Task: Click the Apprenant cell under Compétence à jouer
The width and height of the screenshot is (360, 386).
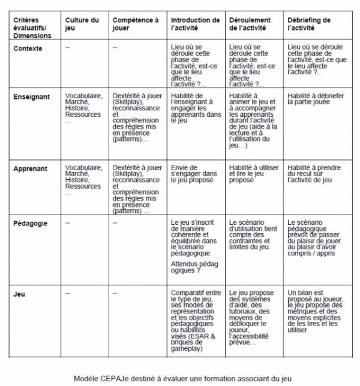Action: tap(137, 189)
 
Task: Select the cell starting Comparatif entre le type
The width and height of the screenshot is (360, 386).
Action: tap(196, 321)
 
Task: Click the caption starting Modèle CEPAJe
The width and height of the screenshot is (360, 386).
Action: tap(180, 378)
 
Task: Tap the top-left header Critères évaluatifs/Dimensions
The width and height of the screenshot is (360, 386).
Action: tap(32, 28)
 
